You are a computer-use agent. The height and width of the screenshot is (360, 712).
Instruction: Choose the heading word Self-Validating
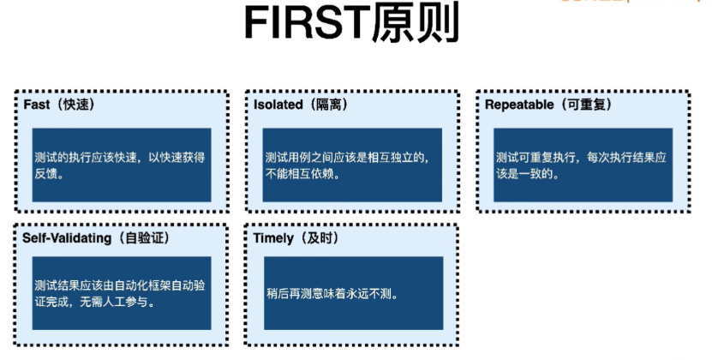click(x=68, y=238)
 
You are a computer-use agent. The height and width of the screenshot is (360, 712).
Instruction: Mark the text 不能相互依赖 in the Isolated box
click(x=302, y=174)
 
